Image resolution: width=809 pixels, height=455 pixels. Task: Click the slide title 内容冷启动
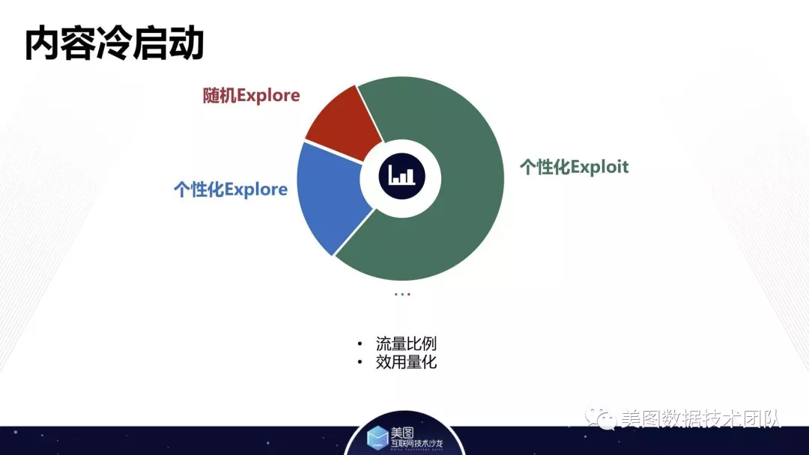tap(114, 44)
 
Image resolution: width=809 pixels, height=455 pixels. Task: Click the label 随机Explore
tap(251, 95)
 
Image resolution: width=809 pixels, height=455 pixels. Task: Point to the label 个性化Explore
tap(231, 189)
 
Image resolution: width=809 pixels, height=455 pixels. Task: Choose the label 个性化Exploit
tap(575, 167)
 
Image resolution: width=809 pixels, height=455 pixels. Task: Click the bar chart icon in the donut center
tap(402, 176)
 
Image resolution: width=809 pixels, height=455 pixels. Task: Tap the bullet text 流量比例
tap(406, 343)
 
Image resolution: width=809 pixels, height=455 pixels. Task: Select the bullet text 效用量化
tap(406, 362)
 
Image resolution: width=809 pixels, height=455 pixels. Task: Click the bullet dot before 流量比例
tap(360, 343)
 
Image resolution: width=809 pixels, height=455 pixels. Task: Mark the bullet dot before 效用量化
tap(360, 362)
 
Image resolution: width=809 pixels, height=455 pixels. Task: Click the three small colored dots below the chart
tap(402, 294)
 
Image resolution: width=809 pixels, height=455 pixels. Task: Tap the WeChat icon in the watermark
tap(600, 418)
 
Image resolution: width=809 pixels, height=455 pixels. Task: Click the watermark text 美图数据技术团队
tap(700, 418)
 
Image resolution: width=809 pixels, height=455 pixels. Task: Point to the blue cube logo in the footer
tap(377, 438)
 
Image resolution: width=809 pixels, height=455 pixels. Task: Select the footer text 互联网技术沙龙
tap(416, 443)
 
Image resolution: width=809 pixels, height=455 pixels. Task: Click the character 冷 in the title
tap(114, 44)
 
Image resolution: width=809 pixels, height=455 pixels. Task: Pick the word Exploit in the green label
tap(600, 167)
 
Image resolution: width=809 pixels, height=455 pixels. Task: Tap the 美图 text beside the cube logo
tap(402, 433)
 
